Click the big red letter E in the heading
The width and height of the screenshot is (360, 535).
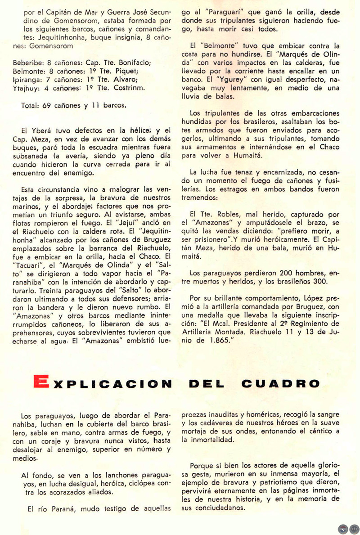pos(40,383)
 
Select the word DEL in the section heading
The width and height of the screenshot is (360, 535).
pos(207,384)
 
